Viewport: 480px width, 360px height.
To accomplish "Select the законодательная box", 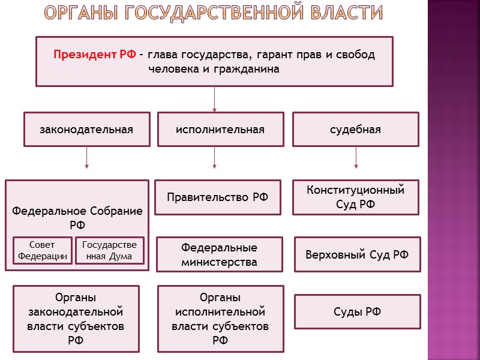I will click(x=87, y=130).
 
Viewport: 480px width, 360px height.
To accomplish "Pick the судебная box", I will click(x=355, y=130).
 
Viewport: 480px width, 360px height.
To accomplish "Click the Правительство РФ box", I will click(x=217, y=197).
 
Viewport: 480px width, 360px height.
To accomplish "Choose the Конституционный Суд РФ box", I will click(x=355, y=197).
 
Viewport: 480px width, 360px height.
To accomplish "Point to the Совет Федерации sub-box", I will click(x=42, y=251).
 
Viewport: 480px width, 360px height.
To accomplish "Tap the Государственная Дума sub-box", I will click(x=109, y=251).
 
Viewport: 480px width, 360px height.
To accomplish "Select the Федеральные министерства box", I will click(x=219, y=255).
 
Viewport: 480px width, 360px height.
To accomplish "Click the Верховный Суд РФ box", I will click(x=357, y=254).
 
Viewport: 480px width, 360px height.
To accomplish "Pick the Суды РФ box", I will click(x=357, y=311).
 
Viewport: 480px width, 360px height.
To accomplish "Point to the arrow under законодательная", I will click(x=87, y=158).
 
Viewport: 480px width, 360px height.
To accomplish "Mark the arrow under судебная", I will click(x=356, y=158).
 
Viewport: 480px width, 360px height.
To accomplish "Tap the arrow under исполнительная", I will click(x=215, y=158).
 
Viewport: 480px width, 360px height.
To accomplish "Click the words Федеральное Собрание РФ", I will click(x=77, y=218).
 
